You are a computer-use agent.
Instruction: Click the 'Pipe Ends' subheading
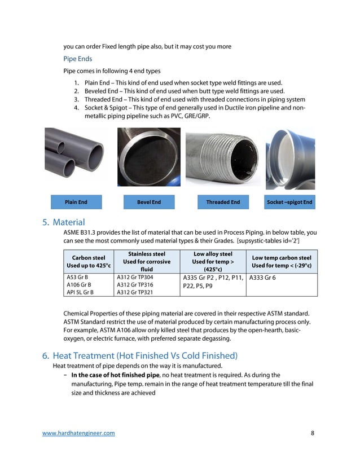[x=77, y=58]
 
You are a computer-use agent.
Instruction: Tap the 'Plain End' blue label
[x=76, y=202]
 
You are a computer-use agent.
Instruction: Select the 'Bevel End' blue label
[x=149, y=202]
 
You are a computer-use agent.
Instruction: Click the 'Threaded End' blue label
[x=223, y=202]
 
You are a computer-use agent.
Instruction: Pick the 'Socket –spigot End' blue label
[x=289, y=202]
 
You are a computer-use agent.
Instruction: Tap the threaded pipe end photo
[x=222, y=156]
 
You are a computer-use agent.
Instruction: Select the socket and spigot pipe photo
[x=290, y=157]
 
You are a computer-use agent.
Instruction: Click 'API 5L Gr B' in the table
[x=80, y=293]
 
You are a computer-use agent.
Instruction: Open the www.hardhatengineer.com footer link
[x=79, y=433]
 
